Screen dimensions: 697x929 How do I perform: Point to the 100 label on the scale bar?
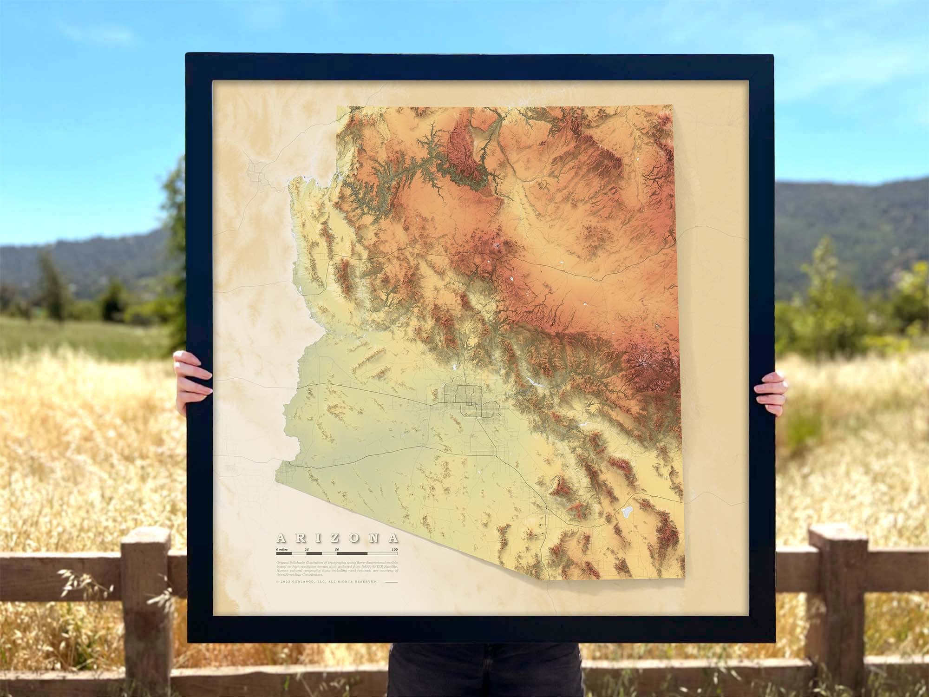pyautogui.click(x=394, y=550)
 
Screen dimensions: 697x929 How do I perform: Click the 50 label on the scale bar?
pyautogui.click(x=337, y=550)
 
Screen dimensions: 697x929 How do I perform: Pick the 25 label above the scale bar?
pyautogui.click(x=307, y=550)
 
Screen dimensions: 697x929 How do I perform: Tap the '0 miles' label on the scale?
pyautogui.click(x=283, y=550)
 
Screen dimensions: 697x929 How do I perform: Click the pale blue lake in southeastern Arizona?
pyautogui.click(x=625, y=512)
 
